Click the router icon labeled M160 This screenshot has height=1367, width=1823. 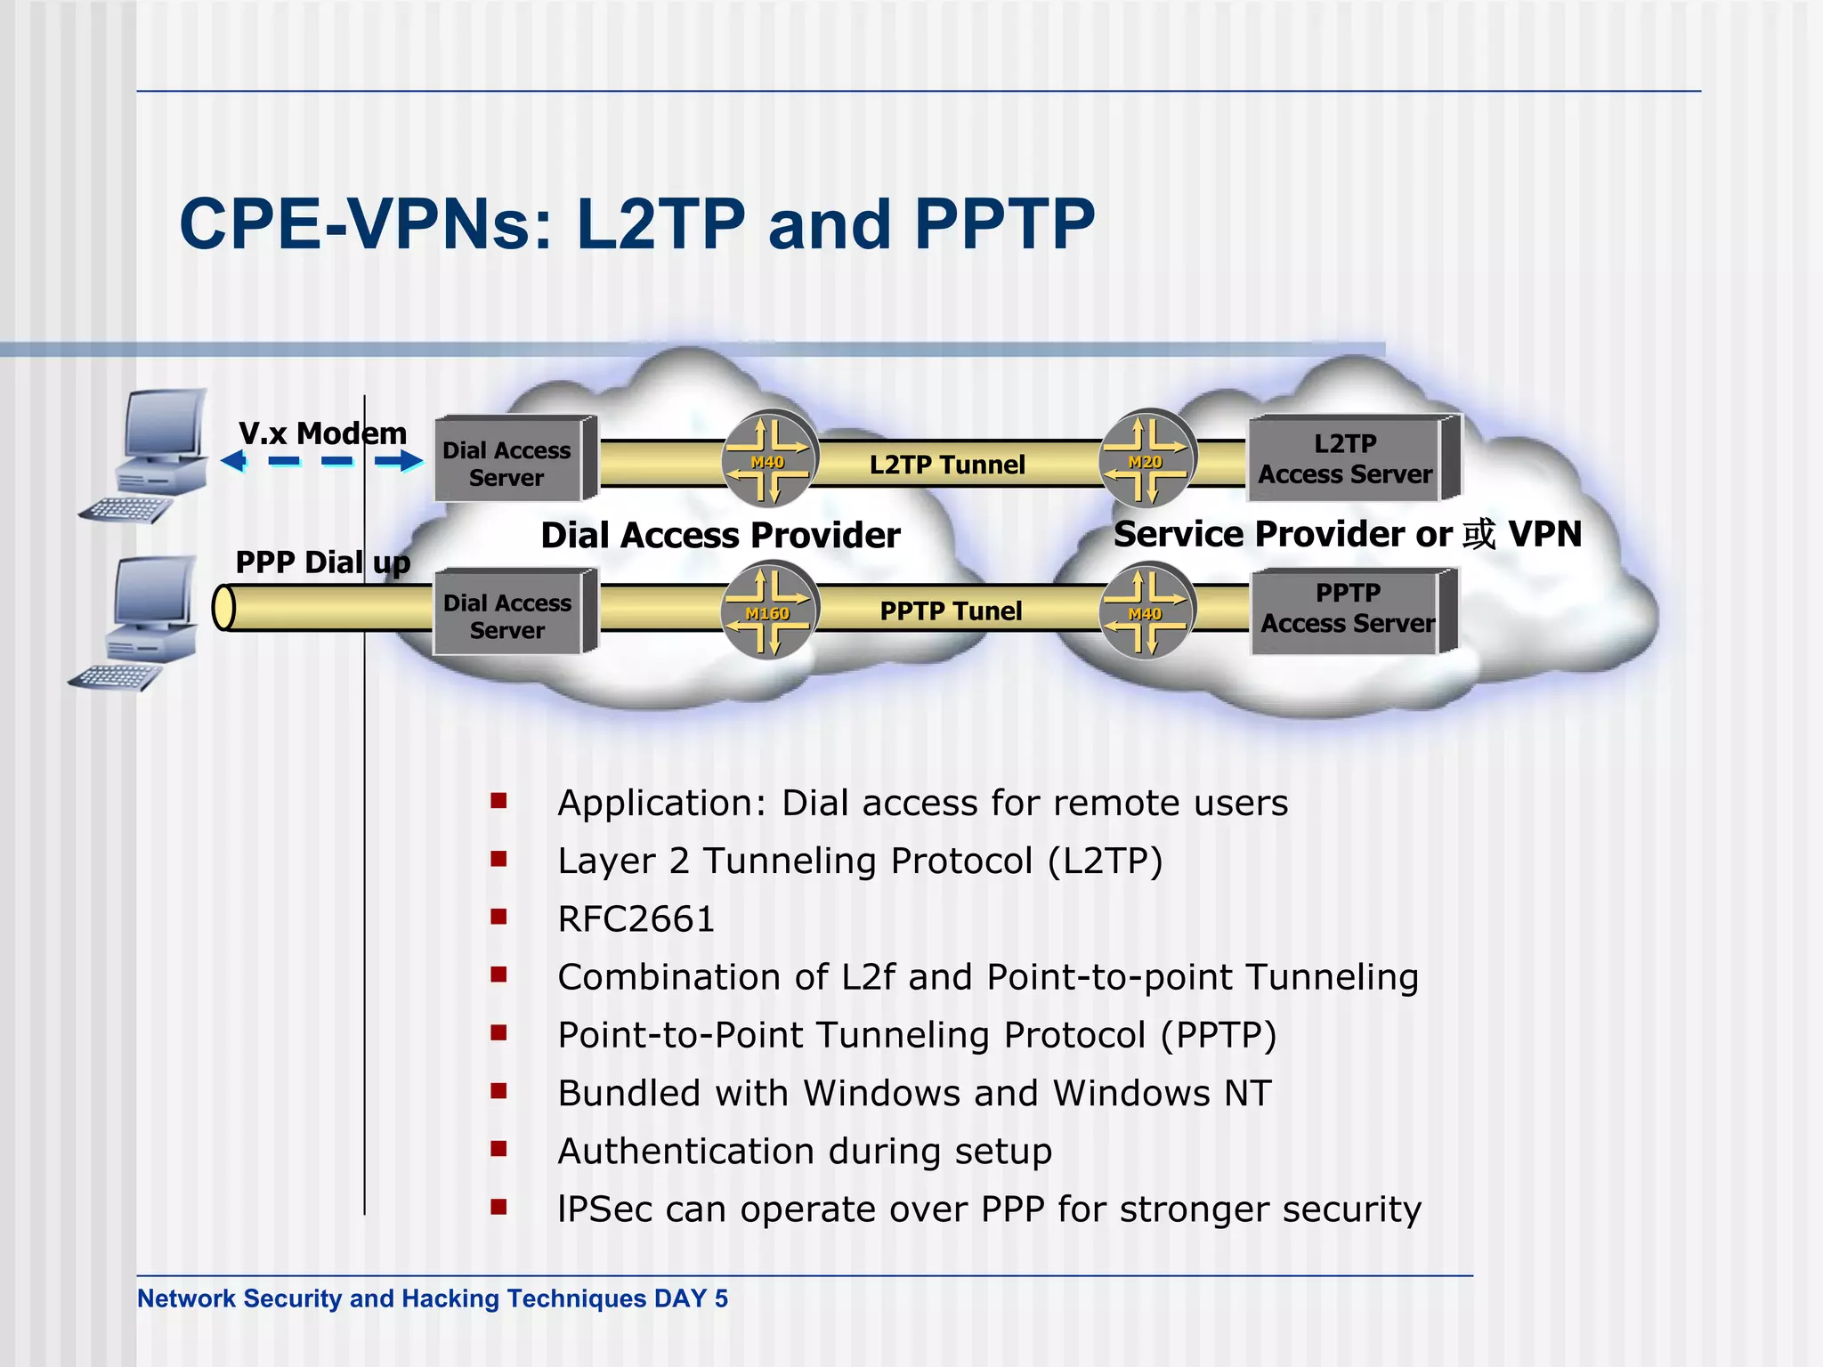[x=768, y=611]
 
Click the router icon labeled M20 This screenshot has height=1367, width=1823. [x=1147, y=457]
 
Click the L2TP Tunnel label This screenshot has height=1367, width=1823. [x=947, y=465]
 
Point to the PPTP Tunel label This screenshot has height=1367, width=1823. [x=951, y=611]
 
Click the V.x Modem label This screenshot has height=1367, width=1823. [x=322, y=433]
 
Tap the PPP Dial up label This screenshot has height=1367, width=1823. [x=322, y=562]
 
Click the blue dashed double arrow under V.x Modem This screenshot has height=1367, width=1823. [x=322, y=461]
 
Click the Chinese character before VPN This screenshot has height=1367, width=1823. [x=1479, y=534]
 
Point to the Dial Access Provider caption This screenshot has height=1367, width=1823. [x=720, y=535]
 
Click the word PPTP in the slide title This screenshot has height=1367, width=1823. [x=1004, y=224]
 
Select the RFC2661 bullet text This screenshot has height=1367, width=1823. [x=636, y=919]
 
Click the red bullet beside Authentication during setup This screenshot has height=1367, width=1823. [x=498, y=1149]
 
